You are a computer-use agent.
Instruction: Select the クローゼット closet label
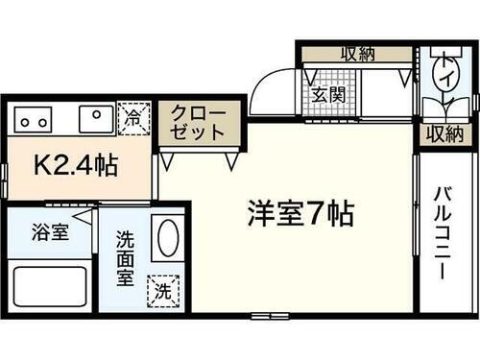tap(198, 124)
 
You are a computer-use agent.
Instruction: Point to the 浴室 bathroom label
tap(50, 233)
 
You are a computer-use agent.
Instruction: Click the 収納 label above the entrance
tap(356, 54)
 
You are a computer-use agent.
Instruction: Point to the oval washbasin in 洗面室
tap(167, 239)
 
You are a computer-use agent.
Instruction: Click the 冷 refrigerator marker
tap(134, 118)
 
